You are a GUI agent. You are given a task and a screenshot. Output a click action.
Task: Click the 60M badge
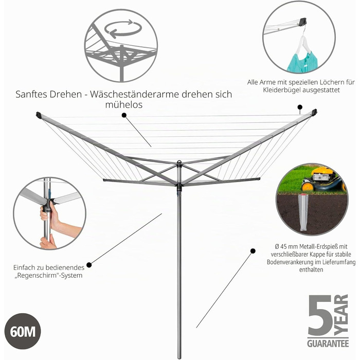(x=23, y=331)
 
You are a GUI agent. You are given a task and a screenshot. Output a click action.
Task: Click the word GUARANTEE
(x=328, y=343)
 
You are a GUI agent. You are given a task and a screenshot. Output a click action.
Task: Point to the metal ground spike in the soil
(x=305, y=212)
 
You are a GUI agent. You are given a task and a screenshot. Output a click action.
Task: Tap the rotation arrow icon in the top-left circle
(x=122, y=29)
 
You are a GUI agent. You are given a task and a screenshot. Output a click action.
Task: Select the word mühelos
(x=124, y=105)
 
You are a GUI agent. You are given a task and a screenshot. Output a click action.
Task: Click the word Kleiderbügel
(x=282, y=90)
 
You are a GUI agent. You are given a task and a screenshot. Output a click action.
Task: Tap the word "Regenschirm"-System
(x=48, y=275)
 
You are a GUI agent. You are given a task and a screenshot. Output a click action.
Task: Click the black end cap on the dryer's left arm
(x=39, y=115)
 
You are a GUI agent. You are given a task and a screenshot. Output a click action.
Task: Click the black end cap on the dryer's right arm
(x=314, y=112)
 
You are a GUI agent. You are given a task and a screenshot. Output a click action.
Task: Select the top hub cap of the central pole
(x=179, y=163)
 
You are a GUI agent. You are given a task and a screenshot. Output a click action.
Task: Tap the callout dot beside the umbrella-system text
(x=89, y=265)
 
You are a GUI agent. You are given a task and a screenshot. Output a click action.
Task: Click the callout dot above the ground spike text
(x=253, y=251)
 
